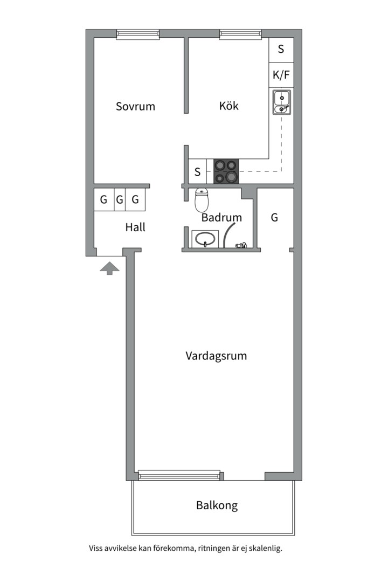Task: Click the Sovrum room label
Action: (x=135, y=107)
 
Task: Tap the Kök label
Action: (x=228, y=106)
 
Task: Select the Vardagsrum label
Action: (x=216, y=356)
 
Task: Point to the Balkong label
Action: (x=217, y=505)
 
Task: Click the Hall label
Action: (x=135, y=227)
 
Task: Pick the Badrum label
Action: (x=221, y=218)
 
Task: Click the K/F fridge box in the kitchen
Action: (x=281, y=75)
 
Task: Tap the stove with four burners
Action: (x=226, y=171)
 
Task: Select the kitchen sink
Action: (x=282, y=102)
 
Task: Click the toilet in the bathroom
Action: (x=202, y=200)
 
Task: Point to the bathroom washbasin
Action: (x=205, y=239)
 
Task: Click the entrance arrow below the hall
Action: (x=109, y=268)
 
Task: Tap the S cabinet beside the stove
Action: (x=198, y=171)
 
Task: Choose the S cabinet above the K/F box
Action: (x=281, y=50)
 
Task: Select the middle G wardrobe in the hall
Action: (x=120, y=200)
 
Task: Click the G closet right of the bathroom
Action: (x=274, y=218)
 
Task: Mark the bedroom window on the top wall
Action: (x=138, y=34)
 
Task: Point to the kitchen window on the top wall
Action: (x=240, y=34)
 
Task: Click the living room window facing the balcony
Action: (x=179, y=475)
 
